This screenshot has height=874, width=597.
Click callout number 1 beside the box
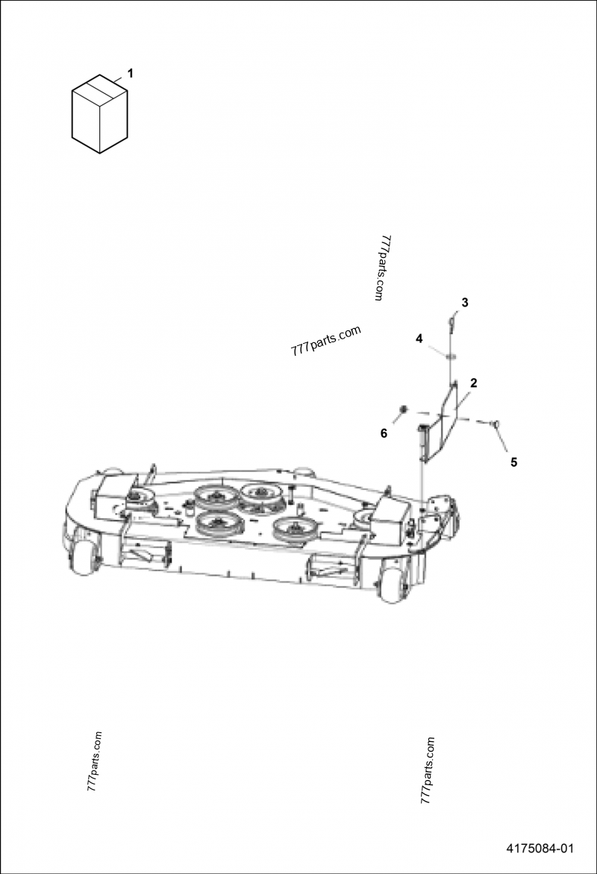click(131, 73)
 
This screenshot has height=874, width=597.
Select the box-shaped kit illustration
click(99, 113)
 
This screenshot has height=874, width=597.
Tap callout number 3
click(465, 303)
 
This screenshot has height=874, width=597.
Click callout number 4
click(419, 339)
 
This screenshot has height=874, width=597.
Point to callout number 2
click(474, 383)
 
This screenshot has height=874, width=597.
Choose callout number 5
click(514, 462)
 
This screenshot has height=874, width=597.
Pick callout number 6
click(384, 433)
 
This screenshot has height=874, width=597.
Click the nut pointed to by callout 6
click(403, 411)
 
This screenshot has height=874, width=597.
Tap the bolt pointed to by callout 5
click(494, 424)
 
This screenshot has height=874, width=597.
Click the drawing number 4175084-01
click(540, 849)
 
